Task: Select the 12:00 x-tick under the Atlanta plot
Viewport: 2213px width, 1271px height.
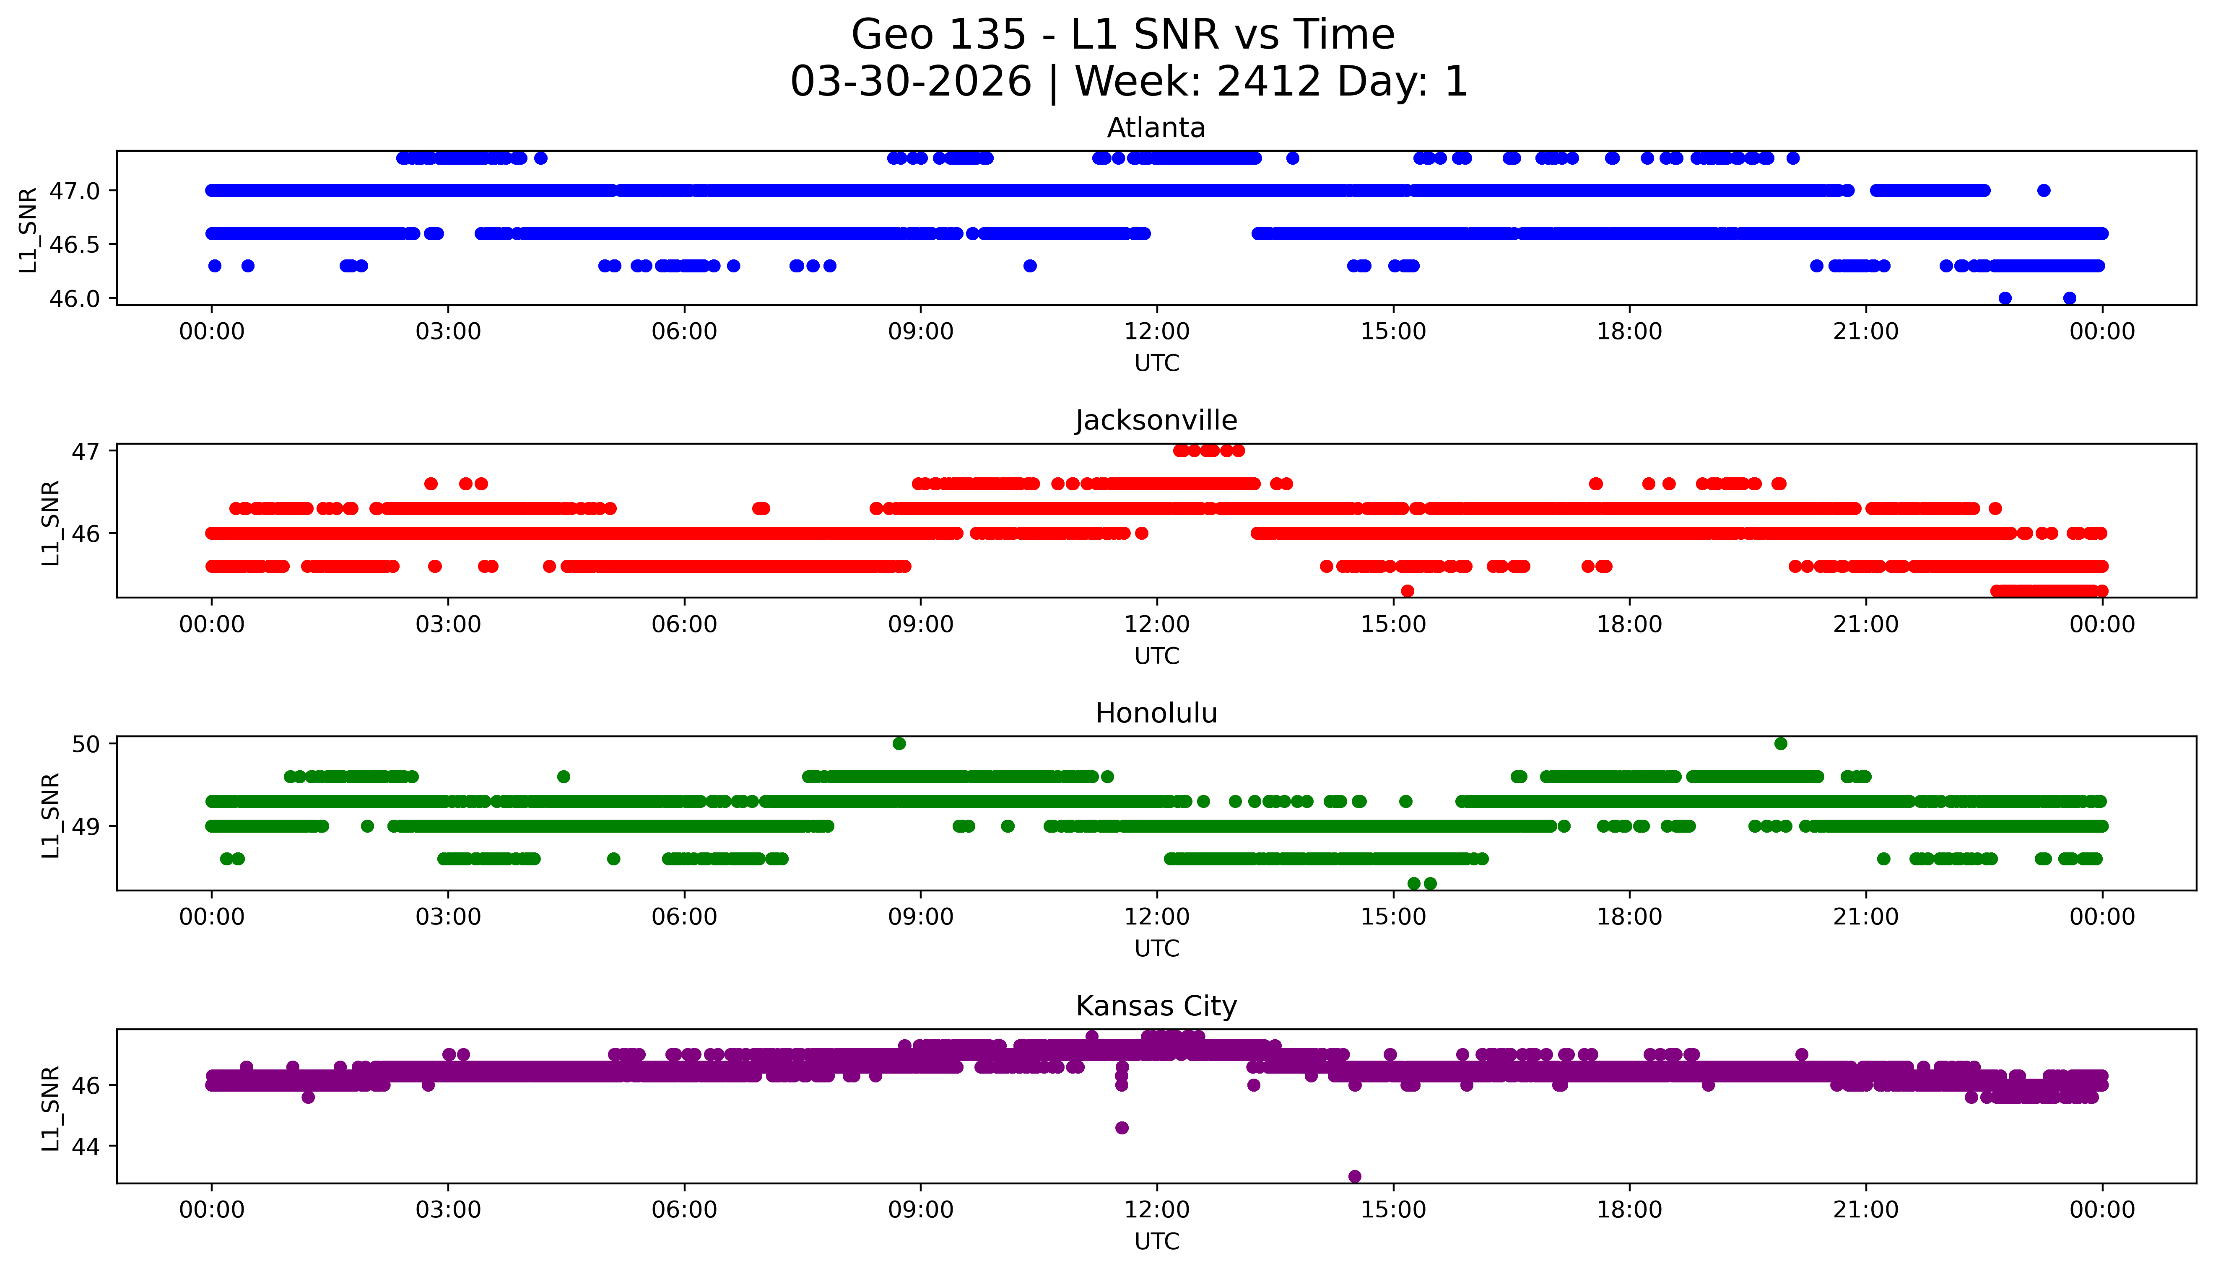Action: (1157, 332)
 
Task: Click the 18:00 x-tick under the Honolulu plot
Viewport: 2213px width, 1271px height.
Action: (1630, 916)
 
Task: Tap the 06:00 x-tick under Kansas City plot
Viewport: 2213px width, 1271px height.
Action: (685, 1210)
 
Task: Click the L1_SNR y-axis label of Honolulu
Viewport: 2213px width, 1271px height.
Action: (51, 815)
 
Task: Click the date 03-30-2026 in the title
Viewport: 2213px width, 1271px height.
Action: (911, 82)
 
